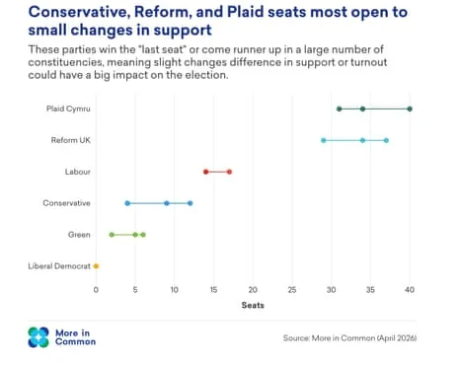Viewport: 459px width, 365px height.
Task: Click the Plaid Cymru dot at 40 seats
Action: [x=410, y=109]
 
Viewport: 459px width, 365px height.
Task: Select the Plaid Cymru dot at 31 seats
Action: [x=340, y=109]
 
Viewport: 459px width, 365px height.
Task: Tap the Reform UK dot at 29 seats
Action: [x=324, y=140]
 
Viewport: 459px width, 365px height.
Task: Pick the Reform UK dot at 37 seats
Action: [x=386, y=140]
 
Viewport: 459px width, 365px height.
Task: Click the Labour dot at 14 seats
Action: [x=206, y=172]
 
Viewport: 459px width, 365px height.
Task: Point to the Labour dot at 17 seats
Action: [x=229, y=172]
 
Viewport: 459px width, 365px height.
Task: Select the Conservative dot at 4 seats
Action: [x=127, y=203]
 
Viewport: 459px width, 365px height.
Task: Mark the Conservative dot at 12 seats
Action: [x=191, y=203]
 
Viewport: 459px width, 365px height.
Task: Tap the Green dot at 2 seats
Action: [x=112, y=235]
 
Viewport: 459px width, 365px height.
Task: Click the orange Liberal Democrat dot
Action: [x=96, y=266]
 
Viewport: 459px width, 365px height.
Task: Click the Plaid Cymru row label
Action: [x=68, y=109]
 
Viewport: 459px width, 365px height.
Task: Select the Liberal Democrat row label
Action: [x=59, y=266]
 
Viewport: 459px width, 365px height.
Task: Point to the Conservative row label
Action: [x=66, y=203]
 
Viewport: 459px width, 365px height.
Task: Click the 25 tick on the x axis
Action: [x=292, y=290]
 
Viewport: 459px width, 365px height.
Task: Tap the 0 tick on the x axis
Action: [x=96, y=290]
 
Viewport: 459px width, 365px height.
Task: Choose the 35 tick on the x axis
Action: [x=370, y=290]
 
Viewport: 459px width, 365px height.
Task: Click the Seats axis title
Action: [x=253, y=305]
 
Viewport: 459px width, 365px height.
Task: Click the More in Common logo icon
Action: [x=38, y=337]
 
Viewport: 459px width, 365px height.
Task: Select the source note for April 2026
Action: [x=349, y=338]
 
